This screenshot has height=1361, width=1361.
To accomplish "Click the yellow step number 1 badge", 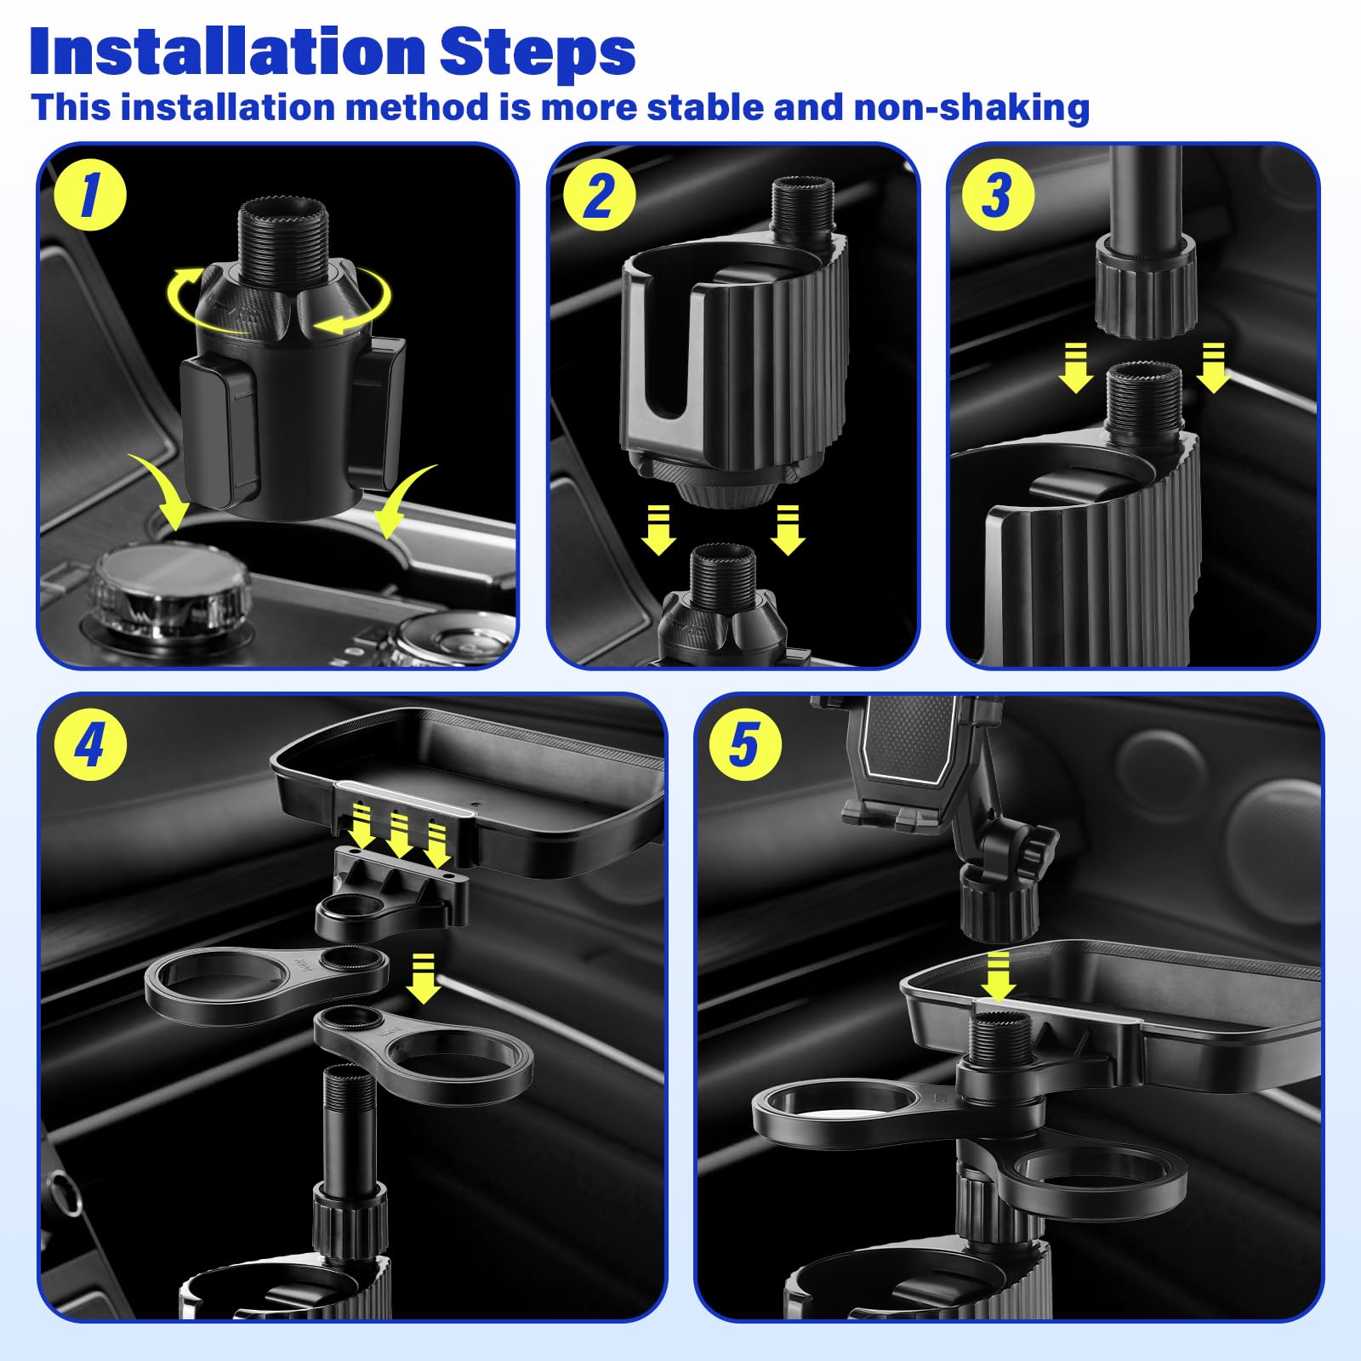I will pos(89,194).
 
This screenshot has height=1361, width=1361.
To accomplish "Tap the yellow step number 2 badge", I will pos(599,194).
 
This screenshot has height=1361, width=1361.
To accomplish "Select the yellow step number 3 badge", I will pos(998,194).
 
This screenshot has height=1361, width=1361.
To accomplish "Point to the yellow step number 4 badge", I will pos(89,745).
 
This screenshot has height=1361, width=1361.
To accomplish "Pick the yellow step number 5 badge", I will pos(744,745).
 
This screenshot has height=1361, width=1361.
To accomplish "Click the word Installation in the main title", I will pos(227,53).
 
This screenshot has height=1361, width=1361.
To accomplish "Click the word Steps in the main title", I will pos(538,53).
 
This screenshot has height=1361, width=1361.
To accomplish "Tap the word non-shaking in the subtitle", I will pos(971,109).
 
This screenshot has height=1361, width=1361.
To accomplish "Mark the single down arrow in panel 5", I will pos(997,977).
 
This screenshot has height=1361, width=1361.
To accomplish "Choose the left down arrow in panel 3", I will pos(1076,367).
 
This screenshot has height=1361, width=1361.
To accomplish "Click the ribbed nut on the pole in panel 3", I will pos(1144,285).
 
